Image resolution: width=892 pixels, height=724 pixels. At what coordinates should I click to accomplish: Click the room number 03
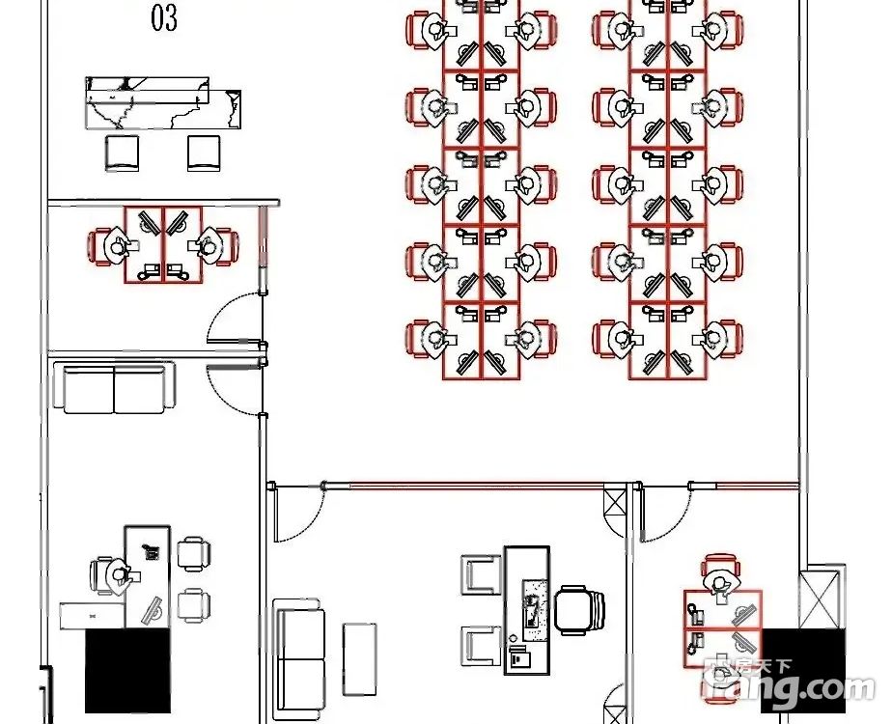click(164, 17)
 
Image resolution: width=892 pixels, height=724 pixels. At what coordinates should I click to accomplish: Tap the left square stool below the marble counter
click(123, 153)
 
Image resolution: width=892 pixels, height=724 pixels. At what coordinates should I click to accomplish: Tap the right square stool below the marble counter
click(204, 153)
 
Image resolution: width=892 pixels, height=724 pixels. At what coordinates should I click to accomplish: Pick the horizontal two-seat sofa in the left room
click(115, 388)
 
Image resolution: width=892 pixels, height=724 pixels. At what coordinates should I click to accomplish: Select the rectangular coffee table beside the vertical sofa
click(360, 658)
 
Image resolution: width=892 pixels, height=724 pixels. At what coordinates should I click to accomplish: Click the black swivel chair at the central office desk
click(580, 610)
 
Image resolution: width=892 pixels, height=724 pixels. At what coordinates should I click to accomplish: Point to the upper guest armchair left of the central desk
click(480, 575)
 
